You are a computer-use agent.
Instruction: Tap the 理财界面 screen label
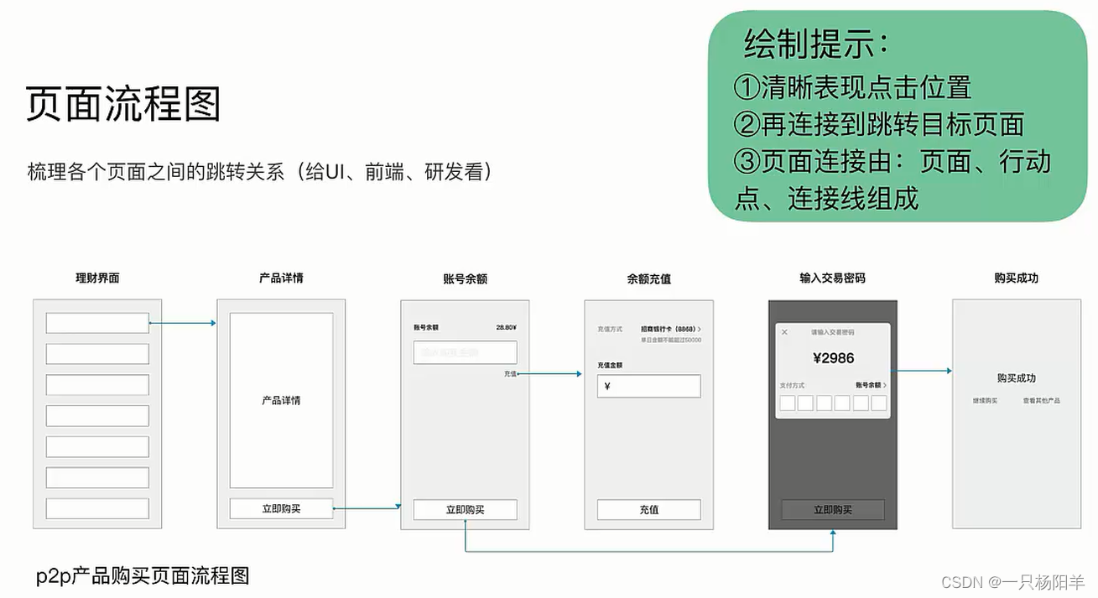97,278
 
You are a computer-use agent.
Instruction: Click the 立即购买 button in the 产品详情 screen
281,508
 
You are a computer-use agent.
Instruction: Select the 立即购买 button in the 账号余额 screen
465,509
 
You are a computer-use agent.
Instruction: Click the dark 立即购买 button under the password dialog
833,509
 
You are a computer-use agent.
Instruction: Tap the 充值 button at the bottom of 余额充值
648,509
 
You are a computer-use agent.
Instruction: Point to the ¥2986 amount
833,358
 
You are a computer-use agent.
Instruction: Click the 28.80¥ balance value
506,328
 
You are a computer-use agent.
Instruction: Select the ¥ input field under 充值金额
648,387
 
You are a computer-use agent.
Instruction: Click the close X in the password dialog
785,332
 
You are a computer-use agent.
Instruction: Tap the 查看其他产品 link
1041,401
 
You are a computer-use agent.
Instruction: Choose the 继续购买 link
985,401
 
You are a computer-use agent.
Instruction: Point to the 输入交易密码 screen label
832,278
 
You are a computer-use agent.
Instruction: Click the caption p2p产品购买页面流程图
143,576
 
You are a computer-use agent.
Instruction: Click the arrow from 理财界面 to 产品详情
182,323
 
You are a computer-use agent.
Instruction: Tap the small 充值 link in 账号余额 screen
510,373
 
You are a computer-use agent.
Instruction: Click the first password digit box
787,403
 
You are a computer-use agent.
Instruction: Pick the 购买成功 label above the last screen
1016,278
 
